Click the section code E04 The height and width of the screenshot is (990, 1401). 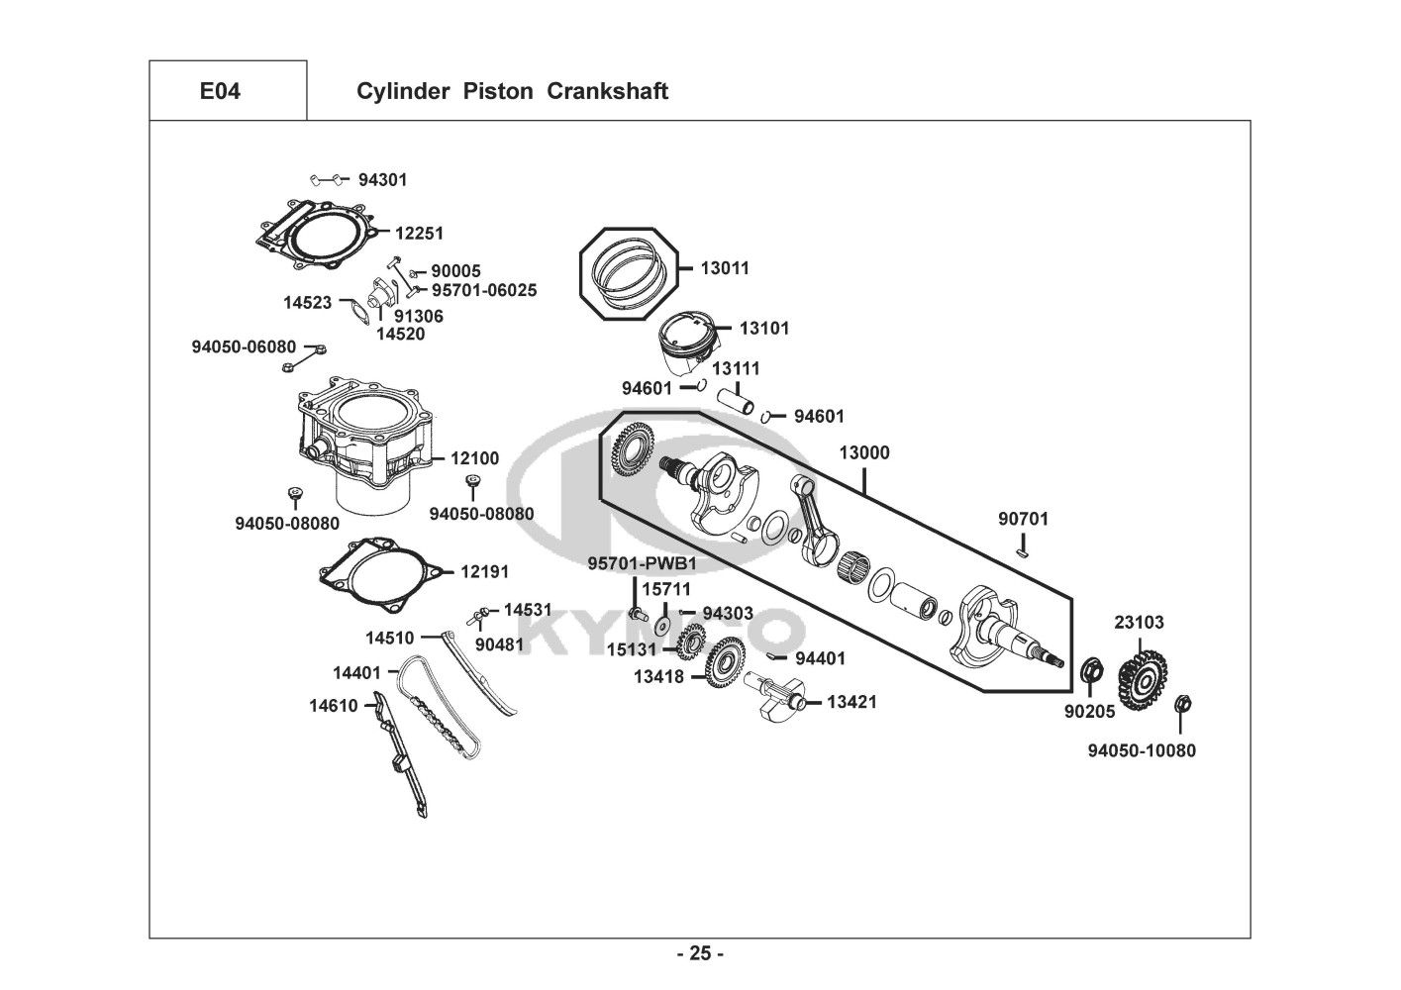coord(220,92)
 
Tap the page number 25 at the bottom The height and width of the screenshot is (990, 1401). coord(700,954)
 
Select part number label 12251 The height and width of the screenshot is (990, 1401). coord(419,234)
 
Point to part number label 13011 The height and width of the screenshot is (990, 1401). coord(725,268)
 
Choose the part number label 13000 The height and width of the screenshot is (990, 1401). coord(864,453)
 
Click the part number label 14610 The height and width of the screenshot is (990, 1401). coord(333,706)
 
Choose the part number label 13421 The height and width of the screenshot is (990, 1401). coord(851,702)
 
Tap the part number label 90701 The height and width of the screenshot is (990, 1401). coord(1023,519)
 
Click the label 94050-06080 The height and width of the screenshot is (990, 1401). coord(244,346)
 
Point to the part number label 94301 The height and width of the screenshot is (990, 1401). coord(382,180)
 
